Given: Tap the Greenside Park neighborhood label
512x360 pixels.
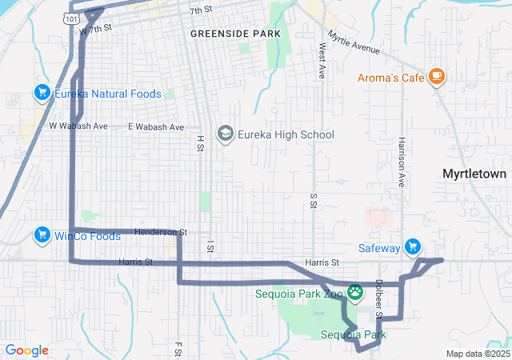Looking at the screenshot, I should click(235, 34).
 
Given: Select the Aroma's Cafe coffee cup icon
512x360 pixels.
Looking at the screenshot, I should click(436, 76).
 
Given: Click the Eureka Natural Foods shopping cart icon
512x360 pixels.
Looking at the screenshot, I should click(41, 94).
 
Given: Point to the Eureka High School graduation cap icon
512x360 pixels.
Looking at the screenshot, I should click(225, 134).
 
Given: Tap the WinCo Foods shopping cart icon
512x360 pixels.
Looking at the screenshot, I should click(41, 235).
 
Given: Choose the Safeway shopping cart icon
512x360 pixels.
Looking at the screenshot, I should click(413, 247).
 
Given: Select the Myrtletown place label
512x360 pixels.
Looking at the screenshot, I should click(476, 173).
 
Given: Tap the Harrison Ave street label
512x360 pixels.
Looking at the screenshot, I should click(402, 162).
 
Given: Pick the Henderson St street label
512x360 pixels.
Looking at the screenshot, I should click(160, 232).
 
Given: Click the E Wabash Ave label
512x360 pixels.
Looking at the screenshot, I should click(156, 126).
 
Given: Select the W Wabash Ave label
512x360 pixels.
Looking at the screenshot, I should click(78, 126).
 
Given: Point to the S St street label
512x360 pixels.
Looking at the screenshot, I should click(312, 200).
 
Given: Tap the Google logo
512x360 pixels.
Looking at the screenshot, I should click(26, 350).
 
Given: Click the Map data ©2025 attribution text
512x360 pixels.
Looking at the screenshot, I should click(477, 354).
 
